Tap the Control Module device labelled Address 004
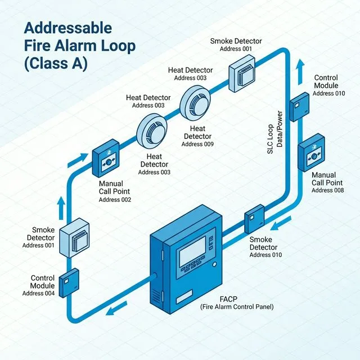(69, 283)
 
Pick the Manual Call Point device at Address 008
(311, 153)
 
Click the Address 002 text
(114, 200)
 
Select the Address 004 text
(38, 293)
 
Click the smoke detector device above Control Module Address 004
(73, 240)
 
